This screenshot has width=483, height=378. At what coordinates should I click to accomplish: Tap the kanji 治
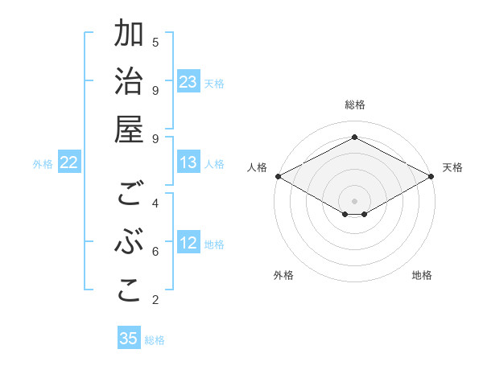point(129,83)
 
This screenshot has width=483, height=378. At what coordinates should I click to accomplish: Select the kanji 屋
point(129,131)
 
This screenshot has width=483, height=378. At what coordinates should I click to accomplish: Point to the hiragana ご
point(129,195)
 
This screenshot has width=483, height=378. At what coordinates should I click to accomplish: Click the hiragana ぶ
point(129,244)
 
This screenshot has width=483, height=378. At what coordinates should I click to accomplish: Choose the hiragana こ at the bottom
point(129,292)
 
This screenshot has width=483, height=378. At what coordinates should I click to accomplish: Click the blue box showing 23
point(188,82)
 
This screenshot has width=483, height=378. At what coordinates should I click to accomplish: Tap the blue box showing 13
point(188,162)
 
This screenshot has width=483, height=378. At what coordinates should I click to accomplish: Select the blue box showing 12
point(188,244)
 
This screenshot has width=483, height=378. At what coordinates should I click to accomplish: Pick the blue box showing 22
point(68,162)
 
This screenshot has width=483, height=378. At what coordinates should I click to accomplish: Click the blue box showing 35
point(129,339)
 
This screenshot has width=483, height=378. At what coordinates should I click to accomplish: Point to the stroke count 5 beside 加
point(155,42)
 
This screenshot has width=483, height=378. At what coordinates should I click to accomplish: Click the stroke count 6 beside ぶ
point(155,252)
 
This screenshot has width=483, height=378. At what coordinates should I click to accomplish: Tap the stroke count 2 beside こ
point(155,300)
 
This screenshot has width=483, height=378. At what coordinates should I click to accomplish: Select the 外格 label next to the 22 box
point(43,163)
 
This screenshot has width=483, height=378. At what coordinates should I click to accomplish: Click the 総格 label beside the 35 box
point(155,339)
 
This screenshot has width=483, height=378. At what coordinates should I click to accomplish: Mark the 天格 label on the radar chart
point(452,167)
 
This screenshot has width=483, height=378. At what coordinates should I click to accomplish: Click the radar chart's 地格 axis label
point(422,275)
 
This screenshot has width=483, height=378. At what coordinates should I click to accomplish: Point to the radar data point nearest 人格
point(278,176)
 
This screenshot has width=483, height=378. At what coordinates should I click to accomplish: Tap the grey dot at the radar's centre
point(354,199)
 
